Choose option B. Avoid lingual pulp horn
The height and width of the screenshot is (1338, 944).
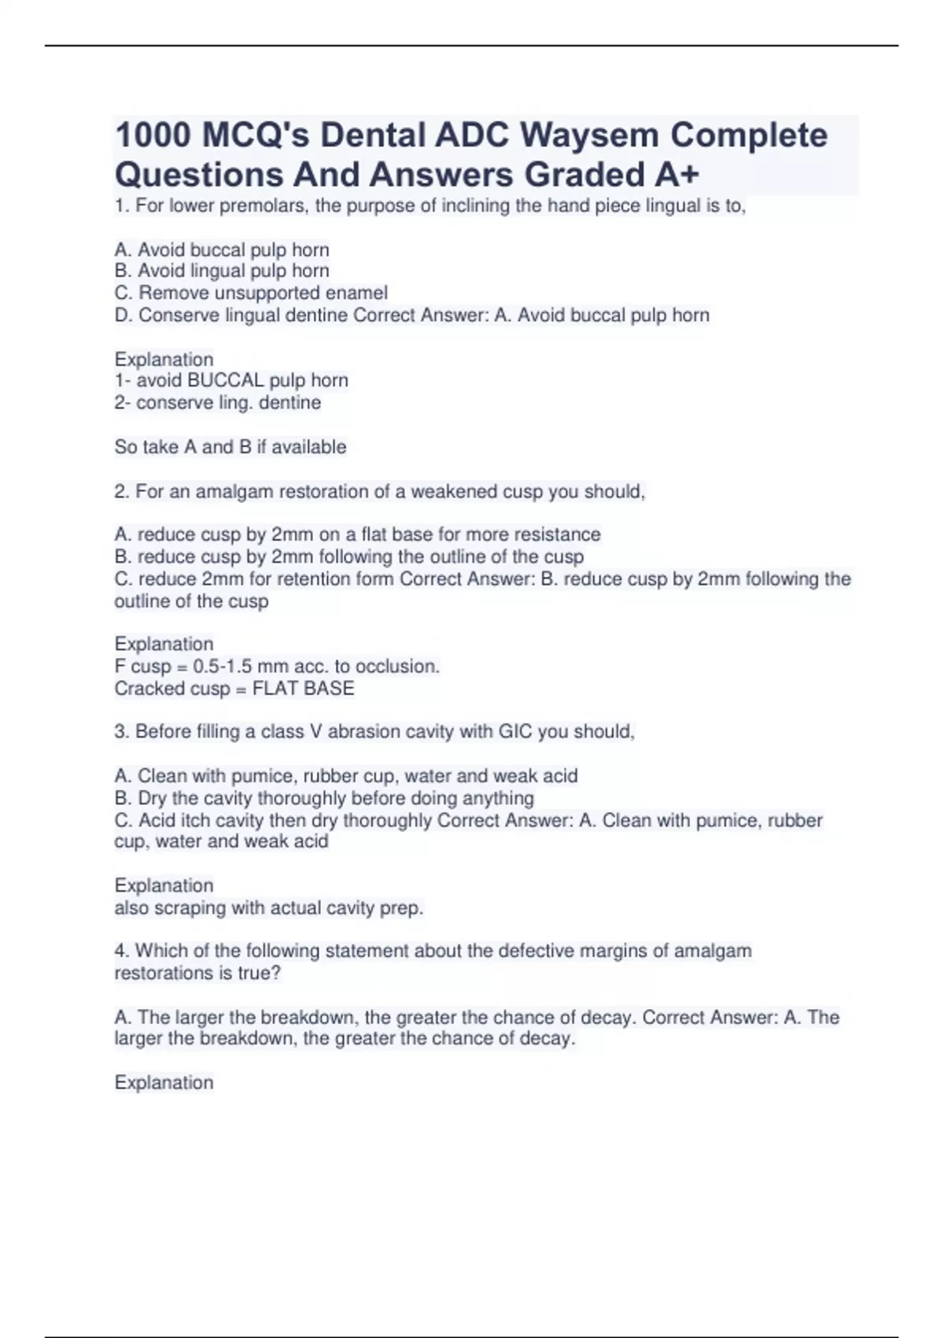pyautogui.click(x=222, y=271)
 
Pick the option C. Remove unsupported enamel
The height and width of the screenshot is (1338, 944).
pyautogui.click(x=251, y=293)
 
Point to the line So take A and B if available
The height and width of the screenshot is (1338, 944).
pyautogui.click(x=230, y=447)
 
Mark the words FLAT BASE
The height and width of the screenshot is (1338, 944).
pyautogui.click(x=303, y=689)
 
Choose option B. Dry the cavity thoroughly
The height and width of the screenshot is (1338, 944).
pyautogui.click(x=324, y=798)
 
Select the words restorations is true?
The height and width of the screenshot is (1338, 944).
pyautogui.click(x=197, y=973)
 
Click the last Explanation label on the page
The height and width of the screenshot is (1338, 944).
pyautogui.click(x=164, y=1083)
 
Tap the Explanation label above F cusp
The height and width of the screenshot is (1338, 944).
pyautogui.click(x=164, y=644)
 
